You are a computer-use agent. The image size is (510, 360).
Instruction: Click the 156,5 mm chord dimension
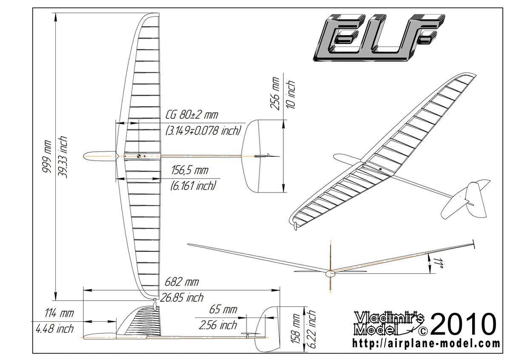(190, 171)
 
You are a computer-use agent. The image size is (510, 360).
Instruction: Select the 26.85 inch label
(182, 298)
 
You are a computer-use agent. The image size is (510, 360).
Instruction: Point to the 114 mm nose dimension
(59, 314)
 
